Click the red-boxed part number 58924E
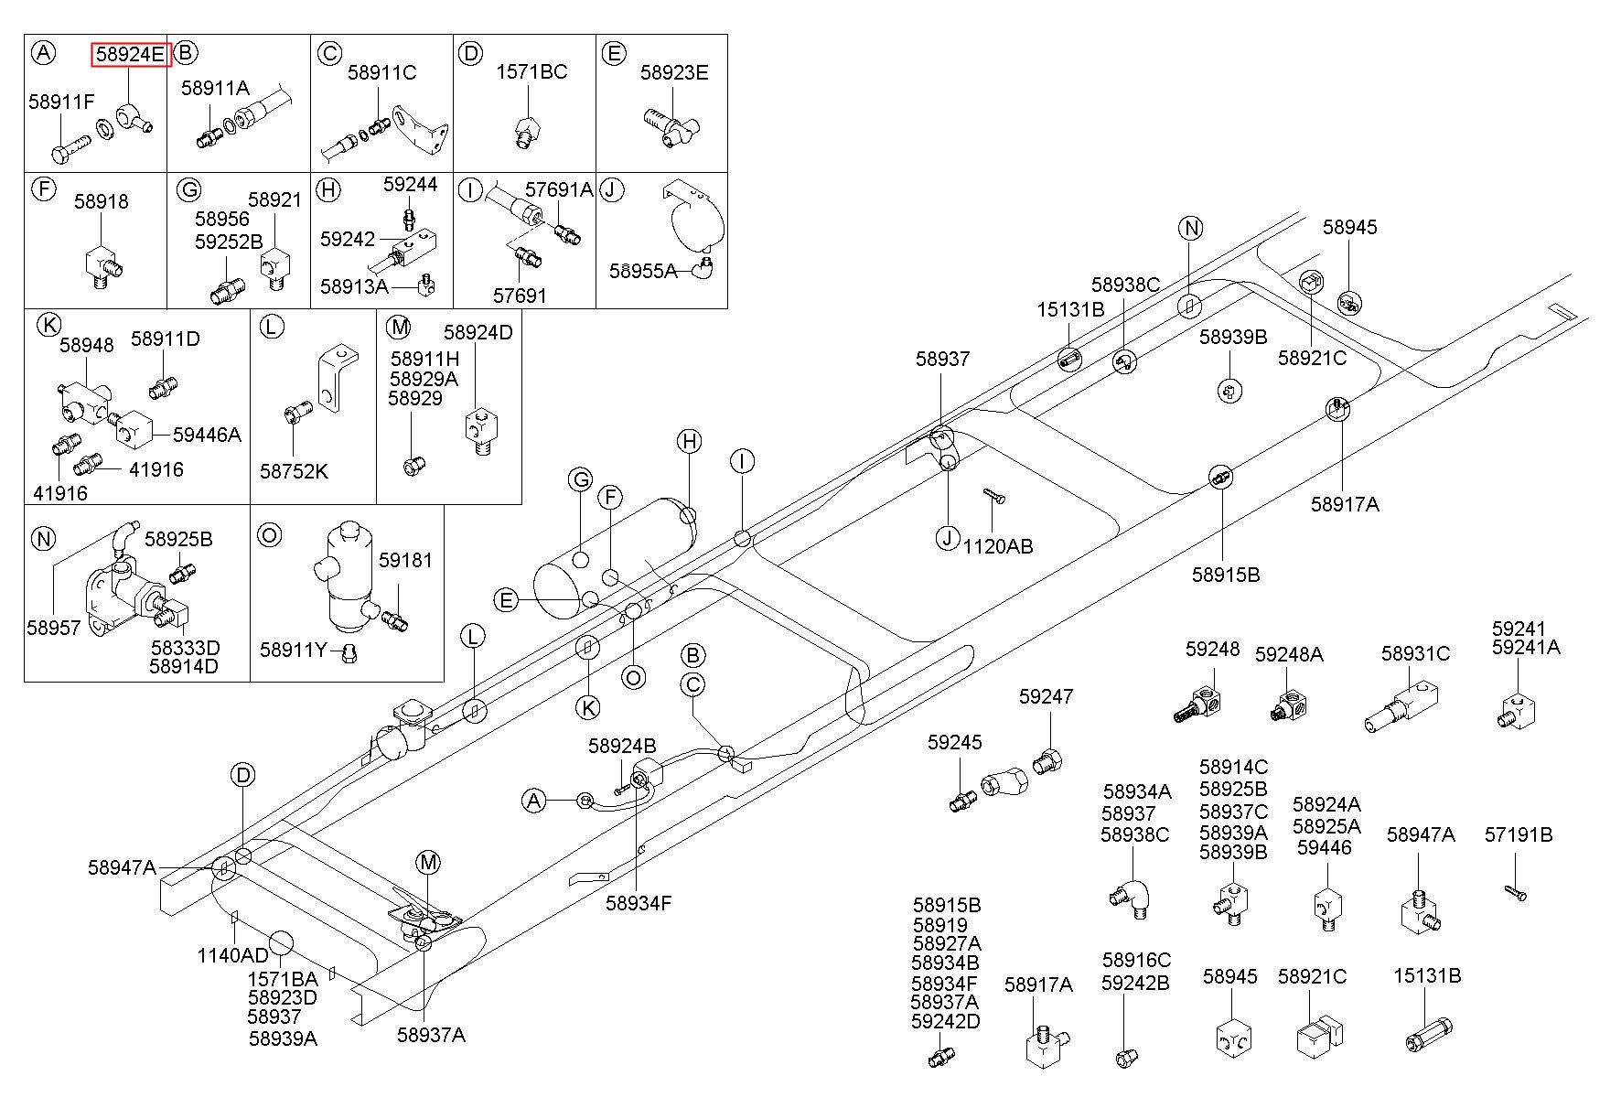click(x=131, y=55)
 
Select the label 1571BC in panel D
click(x=531, y=72)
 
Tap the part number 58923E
click(x=674, y=72)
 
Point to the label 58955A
click(x=644, y=271)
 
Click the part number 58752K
click(x=294, y=471)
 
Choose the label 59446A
click(x=207, y=435)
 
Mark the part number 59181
click(x=405, y=560)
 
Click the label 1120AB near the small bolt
click(x=998, y=546)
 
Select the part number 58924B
click(x=622, y=746)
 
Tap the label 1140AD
click(x=233, y=955)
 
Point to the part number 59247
click(x=1046, y=697)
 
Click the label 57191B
click(x=1519, y=834)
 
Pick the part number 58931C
click(x=1415, y=653)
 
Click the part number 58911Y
click(x=294, y=650)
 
